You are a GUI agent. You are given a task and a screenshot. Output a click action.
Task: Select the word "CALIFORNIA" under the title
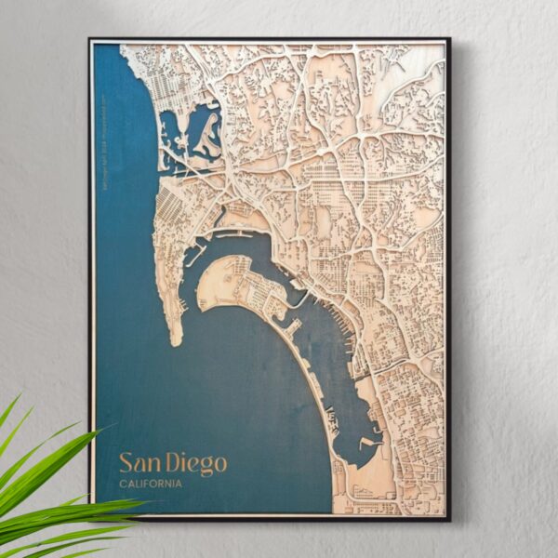pos(151,484)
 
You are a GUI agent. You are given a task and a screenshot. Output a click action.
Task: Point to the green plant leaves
pos(46,484)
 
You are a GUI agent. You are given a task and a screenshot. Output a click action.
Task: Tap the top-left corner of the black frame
pos(90,39)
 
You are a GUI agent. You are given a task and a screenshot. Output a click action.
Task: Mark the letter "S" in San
pos(126,463)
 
